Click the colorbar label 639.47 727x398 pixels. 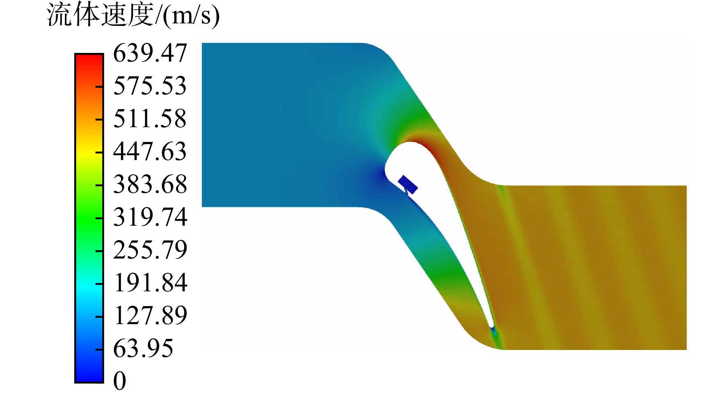pyautogui.click(x=150, y=53)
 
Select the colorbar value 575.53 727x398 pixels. pyautogui.click(x=150, y=86)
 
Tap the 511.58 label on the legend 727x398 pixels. pyautogui.click(x=150, y=119)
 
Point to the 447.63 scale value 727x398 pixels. pyautogui.click(x=150, y=151)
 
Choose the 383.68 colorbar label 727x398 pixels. pyautogui.click(x=150, y=184)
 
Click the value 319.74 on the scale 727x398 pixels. pyautogui.click(x=150, y=217)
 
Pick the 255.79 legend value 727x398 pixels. pyautogui.click(x=150, y=250)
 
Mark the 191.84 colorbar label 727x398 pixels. pyautogui.click(x=151, y=283)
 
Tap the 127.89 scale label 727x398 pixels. pyautogui.click(x=151, y=316)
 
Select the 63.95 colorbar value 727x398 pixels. pyautogui.click(x=143, y=348)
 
